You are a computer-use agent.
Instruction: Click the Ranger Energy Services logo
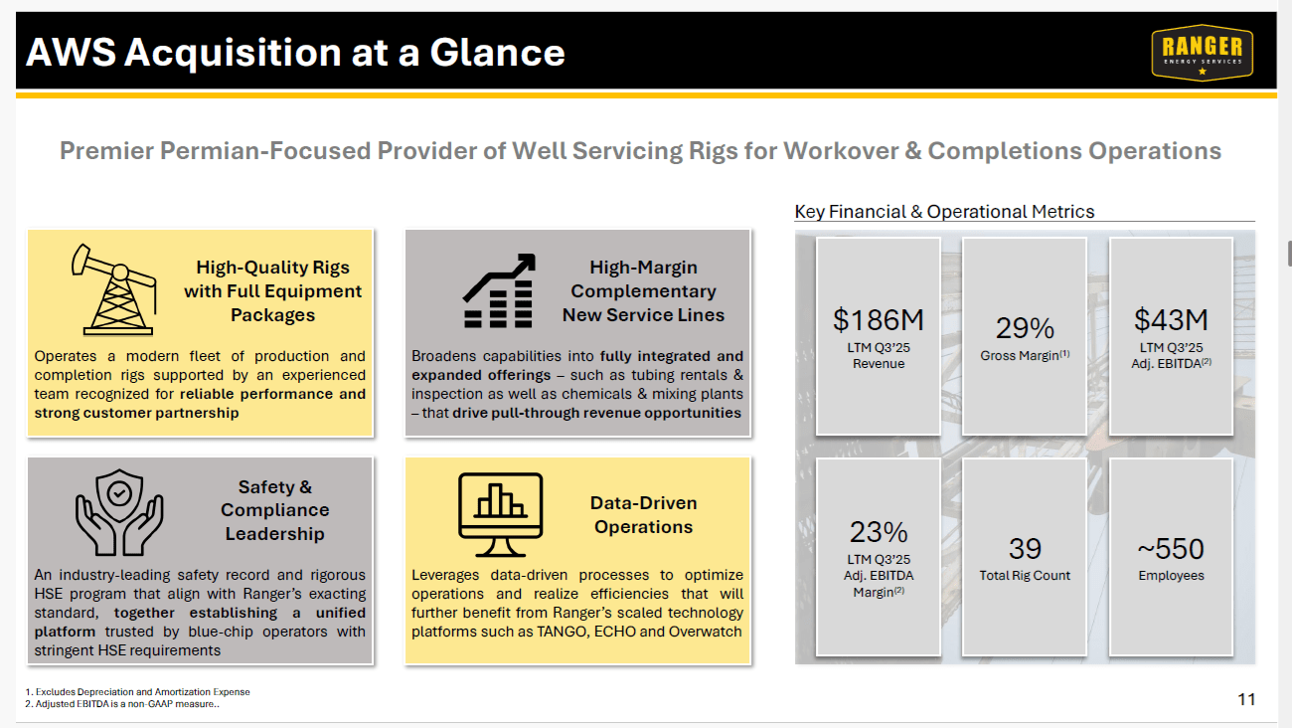(1202, 52)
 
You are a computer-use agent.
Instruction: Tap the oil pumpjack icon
(111, 287)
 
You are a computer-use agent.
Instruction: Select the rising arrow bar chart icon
(499, 290)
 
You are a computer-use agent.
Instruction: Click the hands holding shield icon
(119, 511)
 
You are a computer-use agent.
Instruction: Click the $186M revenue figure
(878, 320)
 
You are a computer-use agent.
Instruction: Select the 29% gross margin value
(1025, 328)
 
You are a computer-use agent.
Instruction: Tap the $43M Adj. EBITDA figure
(1171, 320)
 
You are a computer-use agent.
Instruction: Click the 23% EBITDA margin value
(878, 531)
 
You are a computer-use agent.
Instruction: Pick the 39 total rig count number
(1025, 549)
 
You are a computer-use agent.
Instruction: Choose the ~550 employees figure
(1171, 549)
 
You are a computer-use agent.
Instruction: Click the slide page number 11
(1246, 699)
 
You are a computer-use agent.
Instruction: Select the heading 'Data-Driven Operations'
(643, 515)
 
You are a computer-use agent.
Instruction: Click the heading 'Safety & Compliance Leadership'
(274, 510)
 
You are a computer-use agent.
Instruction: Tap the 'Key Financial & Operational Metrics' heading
(944, 212)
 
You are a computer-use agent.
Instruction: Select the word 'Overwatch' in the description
(708, 632)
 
